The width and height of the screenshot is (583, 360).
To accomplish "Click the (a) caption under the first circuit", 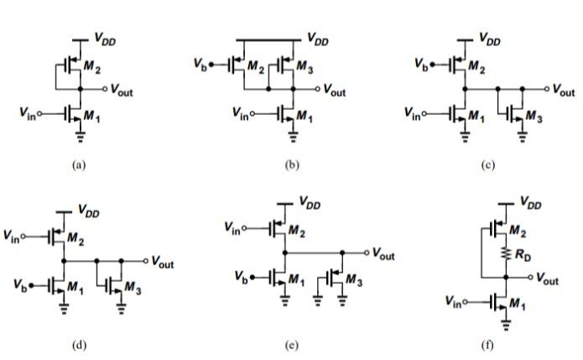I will coord(79,165).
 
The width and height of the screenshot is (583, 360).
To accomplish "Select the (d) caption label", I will coord(80,344).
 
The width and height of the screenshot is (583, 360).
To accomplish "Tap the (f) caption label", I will coord(487,344).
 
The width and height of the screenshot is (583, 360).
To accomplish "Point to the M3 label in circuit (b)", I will coord(305,66).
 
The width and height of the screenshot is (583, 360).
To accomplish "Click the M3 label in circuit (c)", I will coord(534,117).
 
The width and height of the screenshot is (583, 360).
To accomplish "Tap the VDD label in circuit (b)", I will coord(316,38).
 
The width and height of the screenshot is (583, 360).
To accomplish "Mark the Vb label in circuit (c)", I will coord(423,62).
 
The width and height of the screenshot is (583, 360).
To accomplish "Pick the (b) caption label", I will coord(291,165).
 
